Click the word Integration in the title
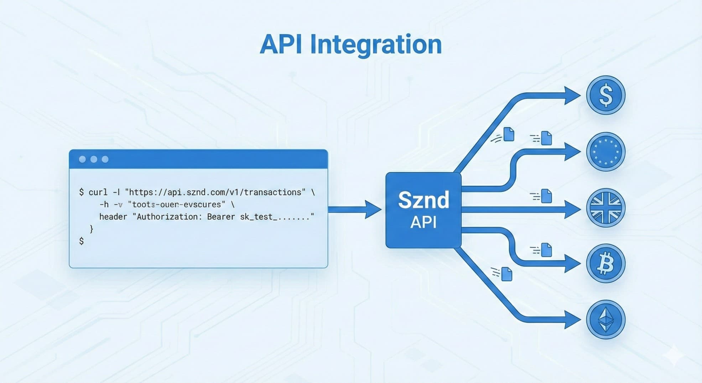tap(376, 45)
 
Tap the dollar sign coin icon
tap(605, 95)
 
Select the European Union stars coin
tap(605, 152)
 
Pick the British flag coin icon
tap(605, 208)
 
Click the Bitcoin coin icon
tap(605, 264)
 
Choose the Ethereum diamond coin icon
tap(605, 320)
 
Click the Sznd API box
tap(423, 210)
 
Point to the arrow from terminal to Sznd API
tap(354, 209)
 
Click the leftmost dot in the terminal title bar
tap(82, 159)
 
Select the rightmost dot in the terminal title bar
tap(105, 159)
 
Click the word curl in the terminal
tap(98, 192)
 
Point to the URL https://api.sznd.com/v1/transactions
tap(215, 192)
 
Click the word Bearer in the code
tap(221, 217)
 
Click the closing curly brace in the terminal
tap(92, 229)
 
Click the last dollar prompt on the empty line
tap(82, 241)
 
